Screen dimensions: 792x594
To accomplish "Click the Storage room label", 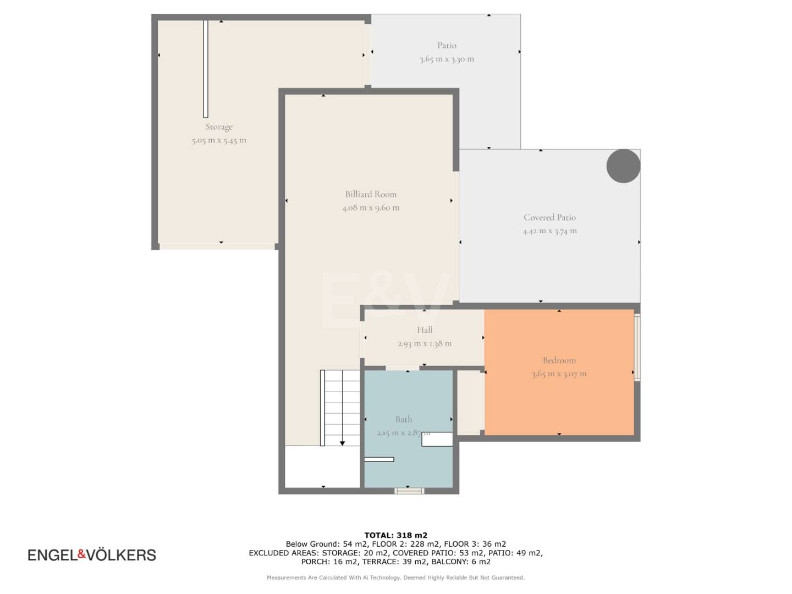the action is [x=219, y=127].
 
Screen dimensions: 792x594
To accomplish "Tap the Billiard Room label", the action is [x=371, y=194].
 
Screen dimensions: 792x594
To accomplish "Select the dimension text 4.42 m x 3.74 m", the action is [x=550, y=231].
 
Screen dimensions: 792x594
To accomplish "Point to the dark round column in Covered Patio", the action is [x=623, y=166].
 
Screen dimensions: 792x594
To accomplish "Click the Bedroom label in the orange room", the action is [x=559, y=360].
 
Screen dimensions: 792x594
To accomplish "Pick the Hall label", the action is [x=425, y=329].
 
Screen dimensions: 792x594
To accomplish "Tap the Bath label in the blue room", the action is [x=404, y=419].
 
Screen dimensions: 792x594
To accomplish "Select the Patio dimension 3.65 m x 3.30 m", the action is [x=447, y=59].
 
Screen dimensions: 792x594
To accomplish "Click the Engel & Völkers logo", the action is [x=92, y=555].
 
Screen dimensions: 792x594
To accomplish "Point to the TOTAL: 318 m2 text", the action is [x=396, y=535].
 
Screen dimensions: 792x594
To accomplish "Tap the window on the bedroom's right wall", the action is [x=637, y=347].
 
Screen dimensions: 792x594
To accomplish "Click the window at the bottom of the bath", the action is [x=409, y=491].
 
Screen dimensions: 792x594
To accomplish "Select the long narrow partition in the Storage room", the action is [x=206, y=69].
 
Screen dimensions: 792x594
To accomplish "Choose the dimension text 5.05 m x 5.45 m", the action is [x=219, y=140].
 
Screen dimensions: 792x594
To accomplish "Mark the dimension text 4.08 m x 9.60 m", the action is [x=371, y=208].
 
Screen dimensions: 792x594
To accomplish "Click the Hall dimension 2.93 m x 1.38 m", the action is [x=425, y=343].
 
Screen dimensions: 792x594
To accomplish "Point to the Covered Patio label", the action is [x=550, y=217].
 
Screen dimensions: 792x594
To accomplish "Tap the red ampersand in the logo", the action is [x=82, y=554].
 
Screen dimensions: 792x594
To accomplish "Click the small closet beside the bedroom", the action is [x=470, y=403].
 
